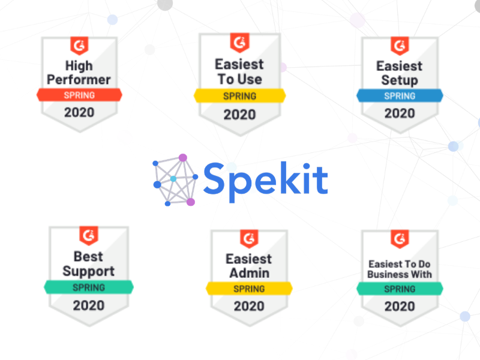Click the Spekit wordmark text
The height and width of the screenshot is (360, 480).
click(265, 178)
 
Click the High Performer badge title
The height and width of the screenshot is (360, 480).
click(79, 72)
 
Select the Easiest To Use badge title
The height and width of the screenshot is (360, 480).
click(239, 71)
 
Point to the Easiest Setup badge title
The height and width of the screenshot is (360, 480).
click(399, 73)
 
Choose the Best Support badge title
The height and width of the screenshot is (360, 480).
click(88, 265)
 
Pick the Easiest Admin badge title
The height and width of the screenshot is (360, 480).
click(248, 266)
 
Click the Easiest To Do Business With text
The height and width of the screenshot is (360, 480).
click(400, 269)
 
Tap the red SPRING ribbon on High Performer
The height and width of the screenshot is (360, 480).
click(79, 95)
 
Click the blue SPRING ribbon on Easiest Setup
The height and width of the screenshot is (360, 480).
click(400, 95)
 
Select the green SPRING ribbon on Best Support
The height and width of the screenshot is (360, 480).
click(88, 287)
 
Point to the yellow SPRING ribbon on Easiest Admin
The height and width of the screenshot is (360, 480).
click(249, 289)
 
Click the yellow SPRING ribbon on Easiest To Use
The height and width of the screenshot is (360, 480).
click(239, 95)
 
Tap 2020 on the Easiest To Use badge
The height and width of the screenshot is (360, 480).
click(239, 114)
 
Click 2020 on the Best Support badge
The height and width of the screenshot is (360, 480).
click(88, 305)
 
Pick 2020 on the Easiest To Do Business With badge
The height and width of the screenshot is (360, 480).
click(400, 306)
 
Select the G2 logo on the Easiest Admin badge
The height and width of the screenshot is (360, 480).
click(249, 238)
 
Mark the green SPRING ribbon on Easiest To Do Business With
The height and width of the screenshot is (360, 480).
click(400, 289)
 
